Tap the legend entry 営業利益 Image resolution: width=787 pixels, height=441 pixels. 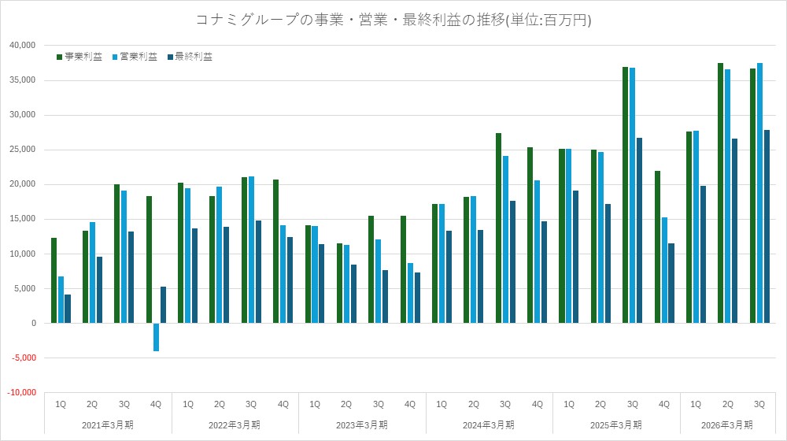(139, 57)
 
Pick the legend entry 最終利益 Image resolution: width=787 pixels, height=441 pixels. (194, 57)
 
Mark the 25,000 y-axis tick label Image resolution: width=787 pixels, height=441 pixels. (22, 150)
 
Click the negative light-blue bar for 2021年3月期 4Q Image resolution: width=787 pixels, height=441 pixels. (156, 337)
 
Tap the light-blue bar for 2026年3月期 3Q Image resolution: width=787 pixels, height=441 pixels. (759, 193)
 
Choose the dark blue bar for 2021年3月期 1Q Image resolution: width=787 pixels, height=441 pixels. (68, 309)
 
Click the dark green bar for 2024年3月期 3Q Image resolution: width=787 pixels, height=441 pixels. (499, 228)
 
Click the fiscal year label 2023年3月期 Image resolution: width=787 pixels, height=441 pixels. (362, 425)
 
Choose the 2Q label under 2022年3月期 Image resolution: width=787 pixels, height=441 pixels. (220, 405)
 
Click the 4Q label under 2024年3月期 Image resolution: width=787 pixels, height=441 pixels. (538, 405)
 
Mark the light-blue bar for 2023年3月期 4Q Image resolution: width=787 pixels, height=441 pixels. (410, 293)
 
